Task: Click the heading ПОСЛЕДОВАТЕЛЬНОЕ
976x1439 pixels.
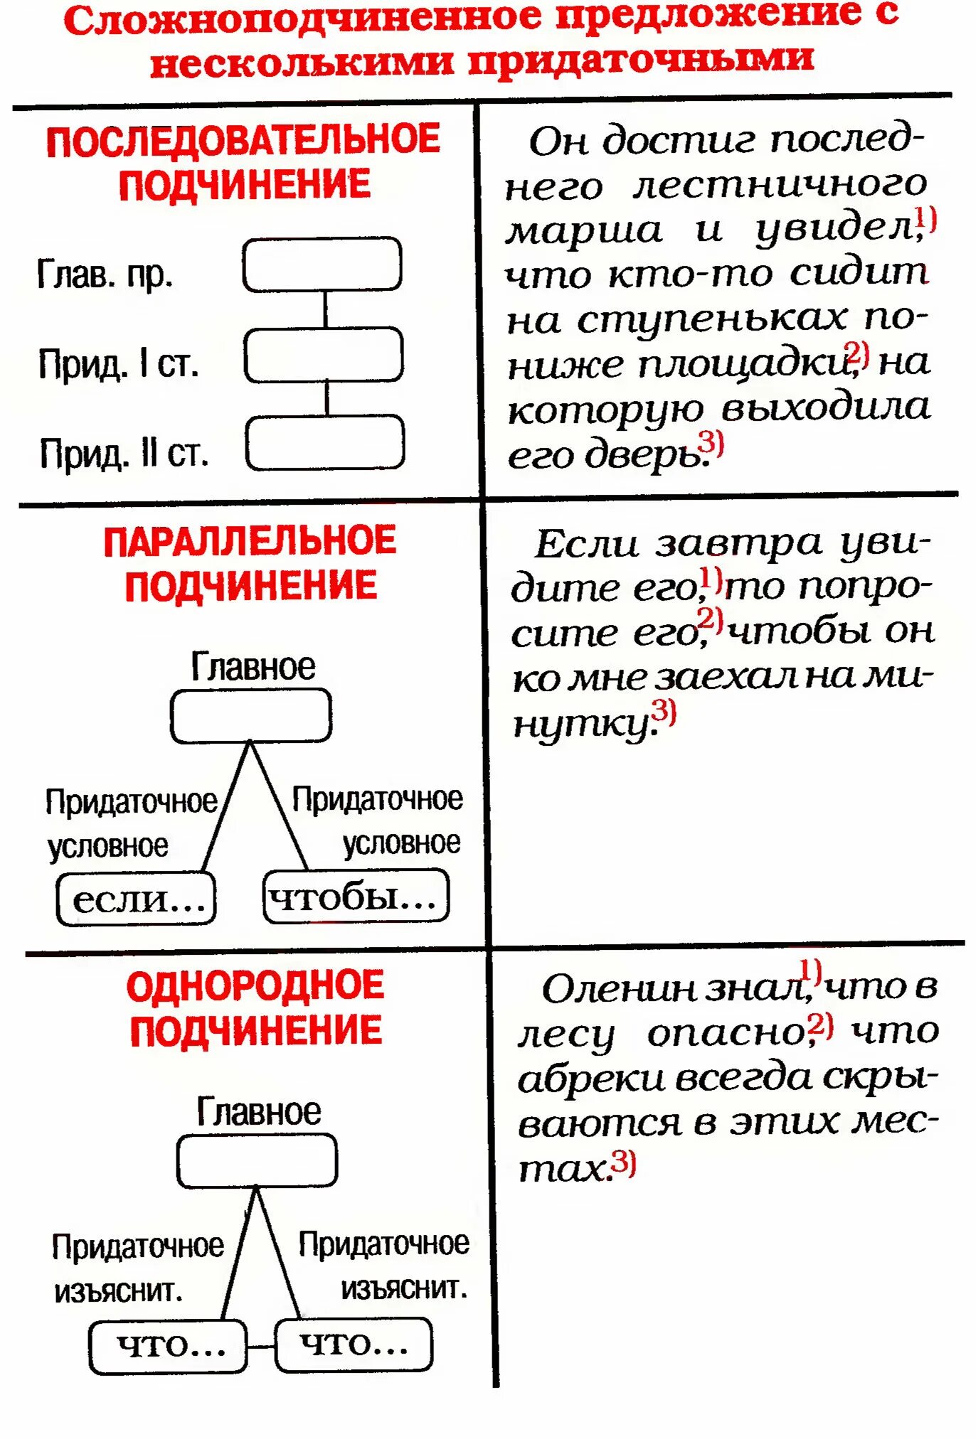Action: (243, 140)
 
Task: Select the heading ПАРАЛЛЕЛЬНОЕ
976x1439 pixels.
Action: (250, 542)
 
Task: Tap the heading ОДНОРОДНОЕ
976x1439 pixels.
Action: (255, 986)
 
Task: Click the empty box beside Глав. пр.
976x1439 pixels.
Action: (322, 264)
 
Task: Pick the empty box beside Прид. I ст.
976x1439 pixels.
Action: (324, 354)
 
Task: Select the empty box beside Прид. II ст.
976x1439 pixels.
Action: (325, 443)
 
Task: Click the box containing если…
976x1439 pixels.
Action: (136, 899)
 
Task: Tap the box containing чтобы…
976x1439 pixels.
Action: (356, 897)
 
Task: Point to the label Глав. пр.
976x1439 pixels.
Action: (105, 274)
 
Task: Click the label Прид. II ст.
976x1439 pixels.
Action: (124, 454)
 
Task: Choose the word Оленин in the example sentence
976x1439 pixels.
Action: (617, 989)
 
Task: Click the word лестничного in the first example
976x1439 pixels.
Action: (780, 185)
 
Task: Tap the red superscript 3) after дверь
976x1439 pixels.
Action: (711, 444)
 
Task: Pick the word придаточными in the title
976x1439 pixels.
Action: (640, 60)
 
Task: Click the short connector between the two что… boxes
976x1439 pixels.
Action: (261, 1346)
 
